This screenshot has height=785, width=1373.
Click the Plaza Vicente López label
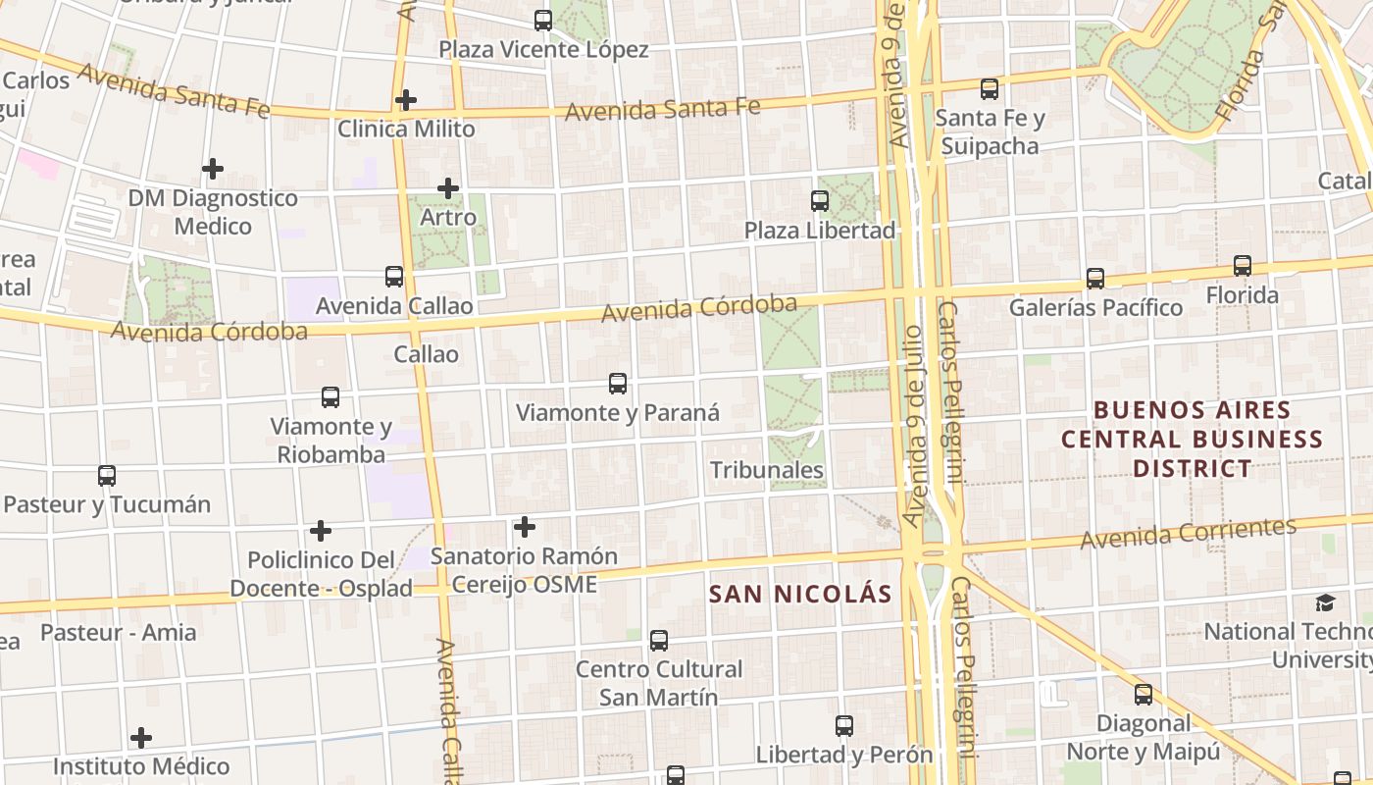(x=543, y=49)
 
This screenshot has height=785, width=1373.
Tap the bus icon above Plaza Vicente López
(x=543, y=20)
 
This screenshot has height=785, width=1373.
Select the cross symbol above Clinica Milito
(x=406, y=99)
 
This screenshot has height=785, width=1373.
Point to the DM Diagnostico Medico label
(x=213, y=212)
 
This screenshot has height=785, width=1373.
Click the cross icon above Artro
(x=448, y=187)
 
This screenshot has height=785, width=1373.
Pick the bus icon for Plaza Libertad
(x=820, y=201)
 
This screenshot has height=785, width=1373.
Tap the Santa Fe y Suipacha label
(x=990, y=132)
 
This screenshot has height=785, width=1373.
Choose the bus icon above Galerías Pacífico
(x=1095, y=279)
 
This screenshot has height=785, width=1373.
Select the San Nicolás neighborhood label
(x=800, y=594)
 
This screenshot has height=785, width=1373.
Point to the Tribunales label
(x=767, y=470)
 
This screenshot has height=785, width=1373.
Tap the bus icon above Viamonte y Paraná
(x=618, y=384)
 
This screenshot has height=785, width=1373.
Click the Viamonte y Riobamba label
(x=331, y=441)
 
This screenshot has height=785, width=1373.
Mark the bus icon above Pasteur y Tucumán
(x=107, y=476)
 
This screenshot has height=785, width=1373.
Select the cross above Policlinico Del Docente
(x=321, y=531)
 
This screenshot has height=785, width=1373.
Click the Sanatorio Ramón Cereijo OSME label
(x=525, y=570)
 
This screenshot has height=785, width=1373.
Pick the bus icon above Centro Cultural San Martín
(x=659, y=641)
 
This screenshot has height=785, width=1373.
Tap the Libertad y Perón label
(x=843, y=755)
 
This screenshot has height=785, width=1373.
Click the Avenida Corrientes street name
(x=1189, y=533)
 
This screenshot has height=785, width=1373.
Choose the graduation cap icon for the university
(x=1325, y=602)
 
